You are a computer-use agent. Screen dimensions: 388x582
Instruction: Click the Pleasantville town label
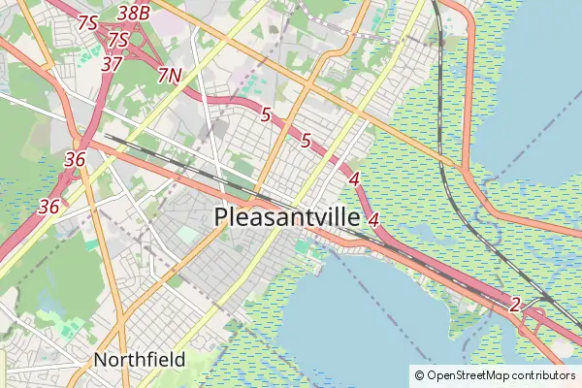[286, 217]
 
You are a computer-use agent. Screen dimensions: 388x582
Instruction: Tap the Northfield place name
[140, 360]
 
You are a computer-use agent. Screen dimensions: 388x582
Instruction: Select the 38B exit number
[133, 13]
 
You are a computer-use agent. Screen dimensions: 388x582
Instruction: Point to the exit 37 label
[112, 64]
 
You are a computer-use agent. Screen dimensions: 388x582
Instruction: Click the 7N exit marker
[169, 75]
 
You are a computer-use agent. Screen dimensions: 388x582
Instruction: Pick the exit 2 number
[515, 305]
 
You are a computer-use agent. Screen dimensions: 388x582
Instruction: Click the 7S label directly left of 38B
[88, 21]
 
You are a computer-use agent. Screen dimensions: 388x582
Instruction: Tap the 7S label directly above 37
[118, 40]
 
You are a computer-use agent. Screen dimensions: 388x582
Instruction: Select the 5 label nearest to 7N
[265, 114]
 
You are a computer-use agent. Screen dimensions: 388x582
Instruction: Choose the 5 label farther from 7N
[306, 141]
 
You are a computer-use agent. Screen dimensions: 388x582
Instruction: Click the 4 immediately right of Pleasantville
[373, 219]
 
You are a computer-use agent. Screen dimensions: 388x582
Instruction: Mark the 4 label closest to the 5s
[354, 178]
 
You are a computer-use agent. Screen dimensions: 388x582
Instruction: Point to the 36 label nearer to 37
[75, 159]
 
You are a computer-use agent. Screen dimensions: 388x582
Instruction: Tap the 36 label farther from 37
[49, 206]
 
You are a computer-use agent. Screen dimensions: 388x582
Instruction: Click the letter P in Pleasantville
[222, 217]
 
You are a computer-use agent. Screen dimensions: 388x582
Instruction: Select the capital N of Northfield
[100, 360]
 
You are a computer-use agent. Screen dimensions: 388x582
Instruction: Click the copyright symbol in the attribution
[419, 375]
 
